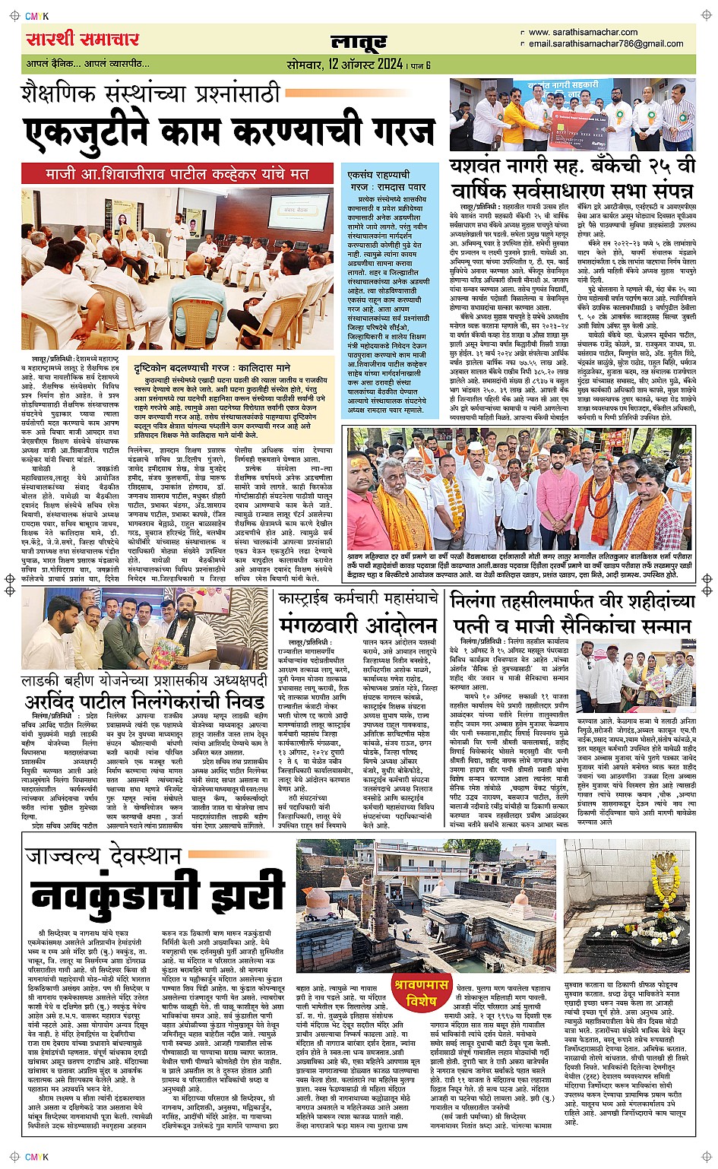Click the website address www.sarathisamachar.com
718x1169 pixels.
coord(583,32)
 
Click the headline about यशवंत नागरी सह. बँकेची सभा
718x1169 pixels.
coord(571,179)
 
